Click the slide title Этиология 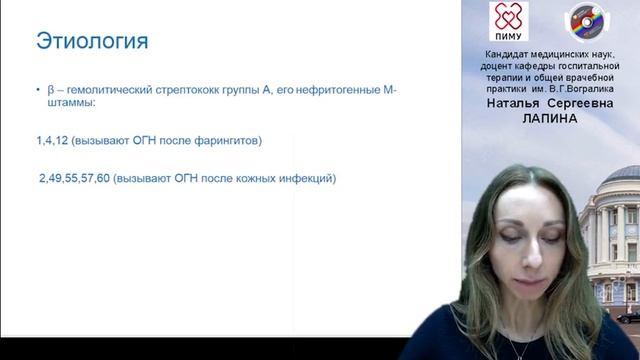coord(92,41)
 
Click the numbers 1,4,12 coord(53,140)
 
